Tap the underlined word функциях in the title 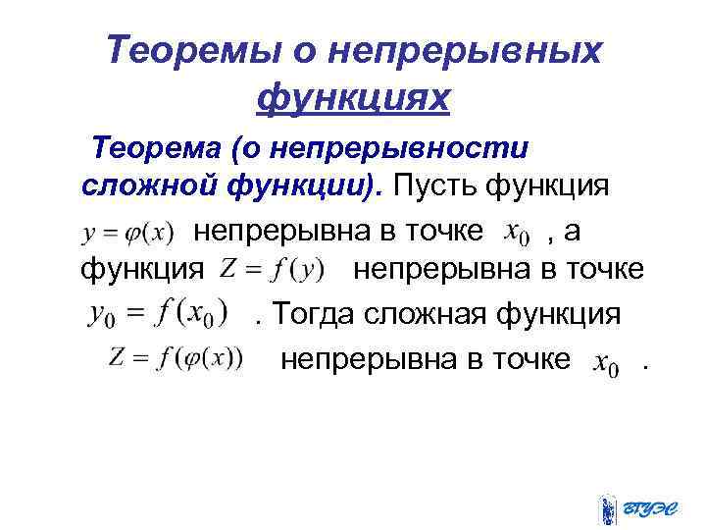coord(352,97)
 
